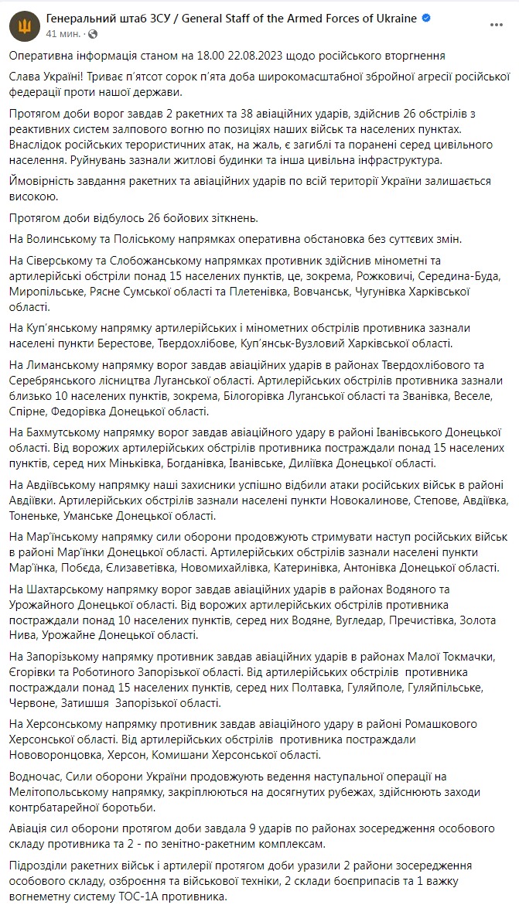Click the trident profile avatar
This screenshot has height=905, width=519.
tap(23, 25)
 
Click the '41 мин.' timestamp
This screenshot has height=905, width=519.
tap(62, 34)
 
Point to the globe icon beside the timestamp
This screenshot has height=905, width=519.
tap(93, 34)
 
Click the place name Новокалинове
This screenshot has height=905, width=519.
tap(339, 500)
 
